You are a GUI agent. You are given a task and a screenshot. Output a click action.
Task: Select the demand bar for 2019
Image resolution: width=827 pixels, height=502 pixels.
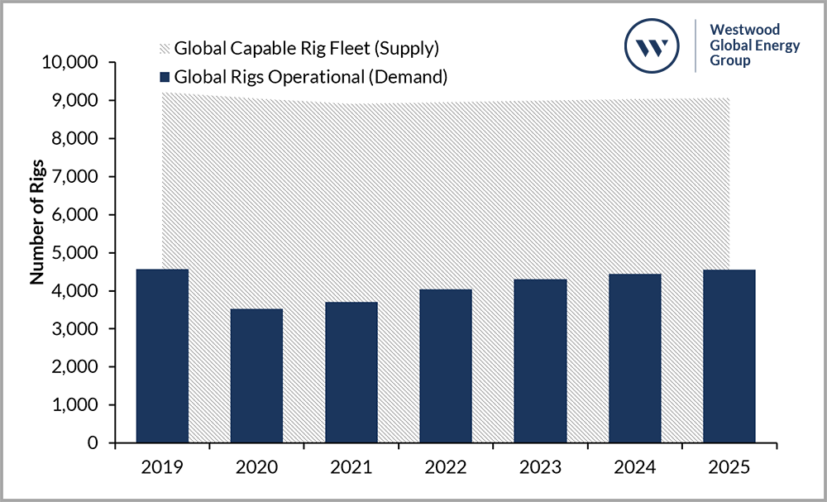coord(162,356)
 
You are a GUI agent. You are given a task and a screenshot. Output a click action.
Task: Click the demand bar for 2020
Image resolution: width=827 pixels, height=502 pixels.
coord(256,376)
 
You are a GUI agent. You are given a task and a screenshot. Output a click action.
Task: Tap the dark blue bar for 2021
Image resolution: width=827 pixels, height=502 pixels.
coord(351,373)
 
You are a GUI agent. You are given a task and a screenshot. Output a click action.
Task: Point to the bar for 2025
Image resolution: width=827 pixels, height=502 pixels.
coord(729,356)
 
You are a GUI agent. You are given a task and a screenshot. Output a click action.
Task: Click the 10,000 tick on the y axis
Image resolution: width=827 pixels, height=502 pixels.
coord(69,63)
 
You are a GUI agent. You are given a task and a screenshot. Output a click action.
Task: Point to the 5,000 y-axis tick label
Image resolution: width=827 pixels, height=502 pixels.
coord(74,253)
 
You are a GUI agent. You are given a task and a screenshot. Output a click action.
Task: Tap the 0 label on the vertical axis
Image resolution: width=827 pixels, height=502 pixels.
coord(93,443)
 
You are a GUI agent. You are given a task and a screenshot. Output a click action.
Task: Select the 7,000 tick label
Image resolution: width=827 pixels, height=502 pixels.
coord(74,177)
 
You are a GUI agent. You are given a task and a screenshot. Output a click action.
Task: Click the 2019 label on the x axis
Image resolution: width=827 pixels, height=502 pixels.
coord(162,467)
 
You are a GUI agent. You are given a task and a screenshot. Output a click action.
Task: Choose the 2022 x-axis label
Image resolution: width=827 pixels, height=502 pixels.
coord(446,467)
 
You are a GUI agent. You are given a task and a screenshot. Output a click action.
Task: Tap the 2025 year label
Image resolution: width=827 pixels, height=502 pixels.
coord(729,467)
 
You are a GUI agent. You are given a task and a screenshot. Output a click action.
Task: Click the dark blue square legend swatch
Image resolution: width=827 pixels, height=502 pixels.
coord(164,78)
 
